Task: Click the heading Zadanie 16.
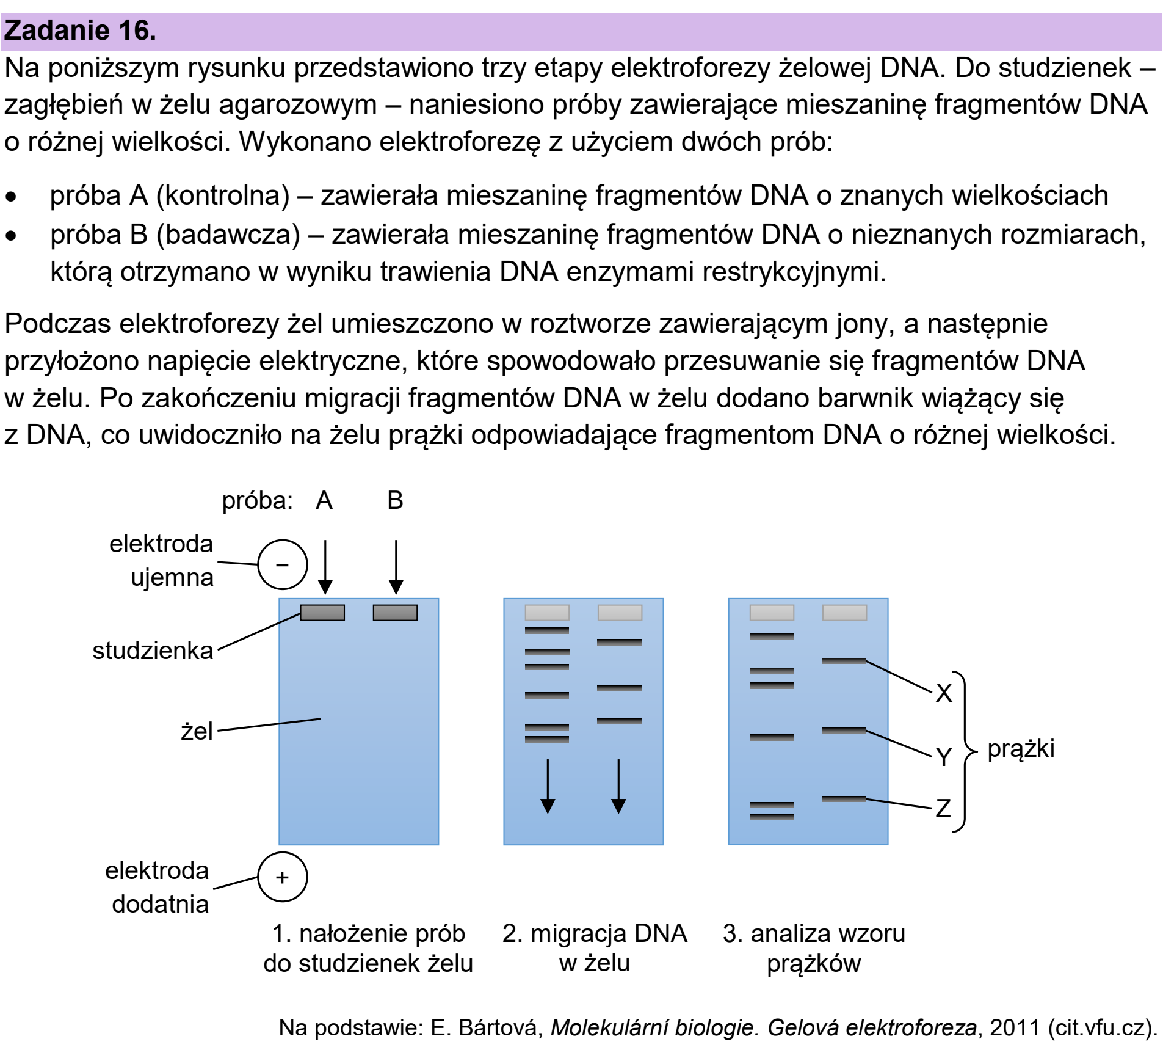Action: click(80, 31)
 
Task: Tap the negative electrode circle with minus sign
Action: click(282, 564)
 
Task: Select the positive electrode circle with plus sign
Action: click(282, 877)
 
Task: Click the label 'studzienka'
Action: click(153, 651)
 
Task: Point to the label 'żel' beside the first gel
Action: click(197, 731)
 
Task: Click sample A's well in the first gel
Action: click(322, 613)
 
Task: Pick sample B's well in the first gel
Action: click(395, 613)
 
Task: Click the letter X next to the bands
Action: click(944, 693)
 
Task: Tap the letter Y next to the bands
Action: click(944, 757)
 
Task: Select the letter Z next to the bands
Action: click(943, 808)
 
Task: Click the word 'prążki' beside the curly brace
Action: click(1021, 749)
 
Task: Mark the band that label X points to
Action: click(844, 661)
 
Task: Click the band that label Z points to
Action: click(844, 799)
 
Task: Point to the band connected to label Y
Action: click(844, 731)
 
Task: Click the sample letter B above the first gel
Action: click(395, 500)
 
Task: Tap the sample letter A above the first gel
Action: click(324, 500)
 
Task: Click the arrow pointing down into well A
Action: click(325, 567)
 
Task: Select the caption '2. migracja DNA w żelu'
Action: click(595, 948)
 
